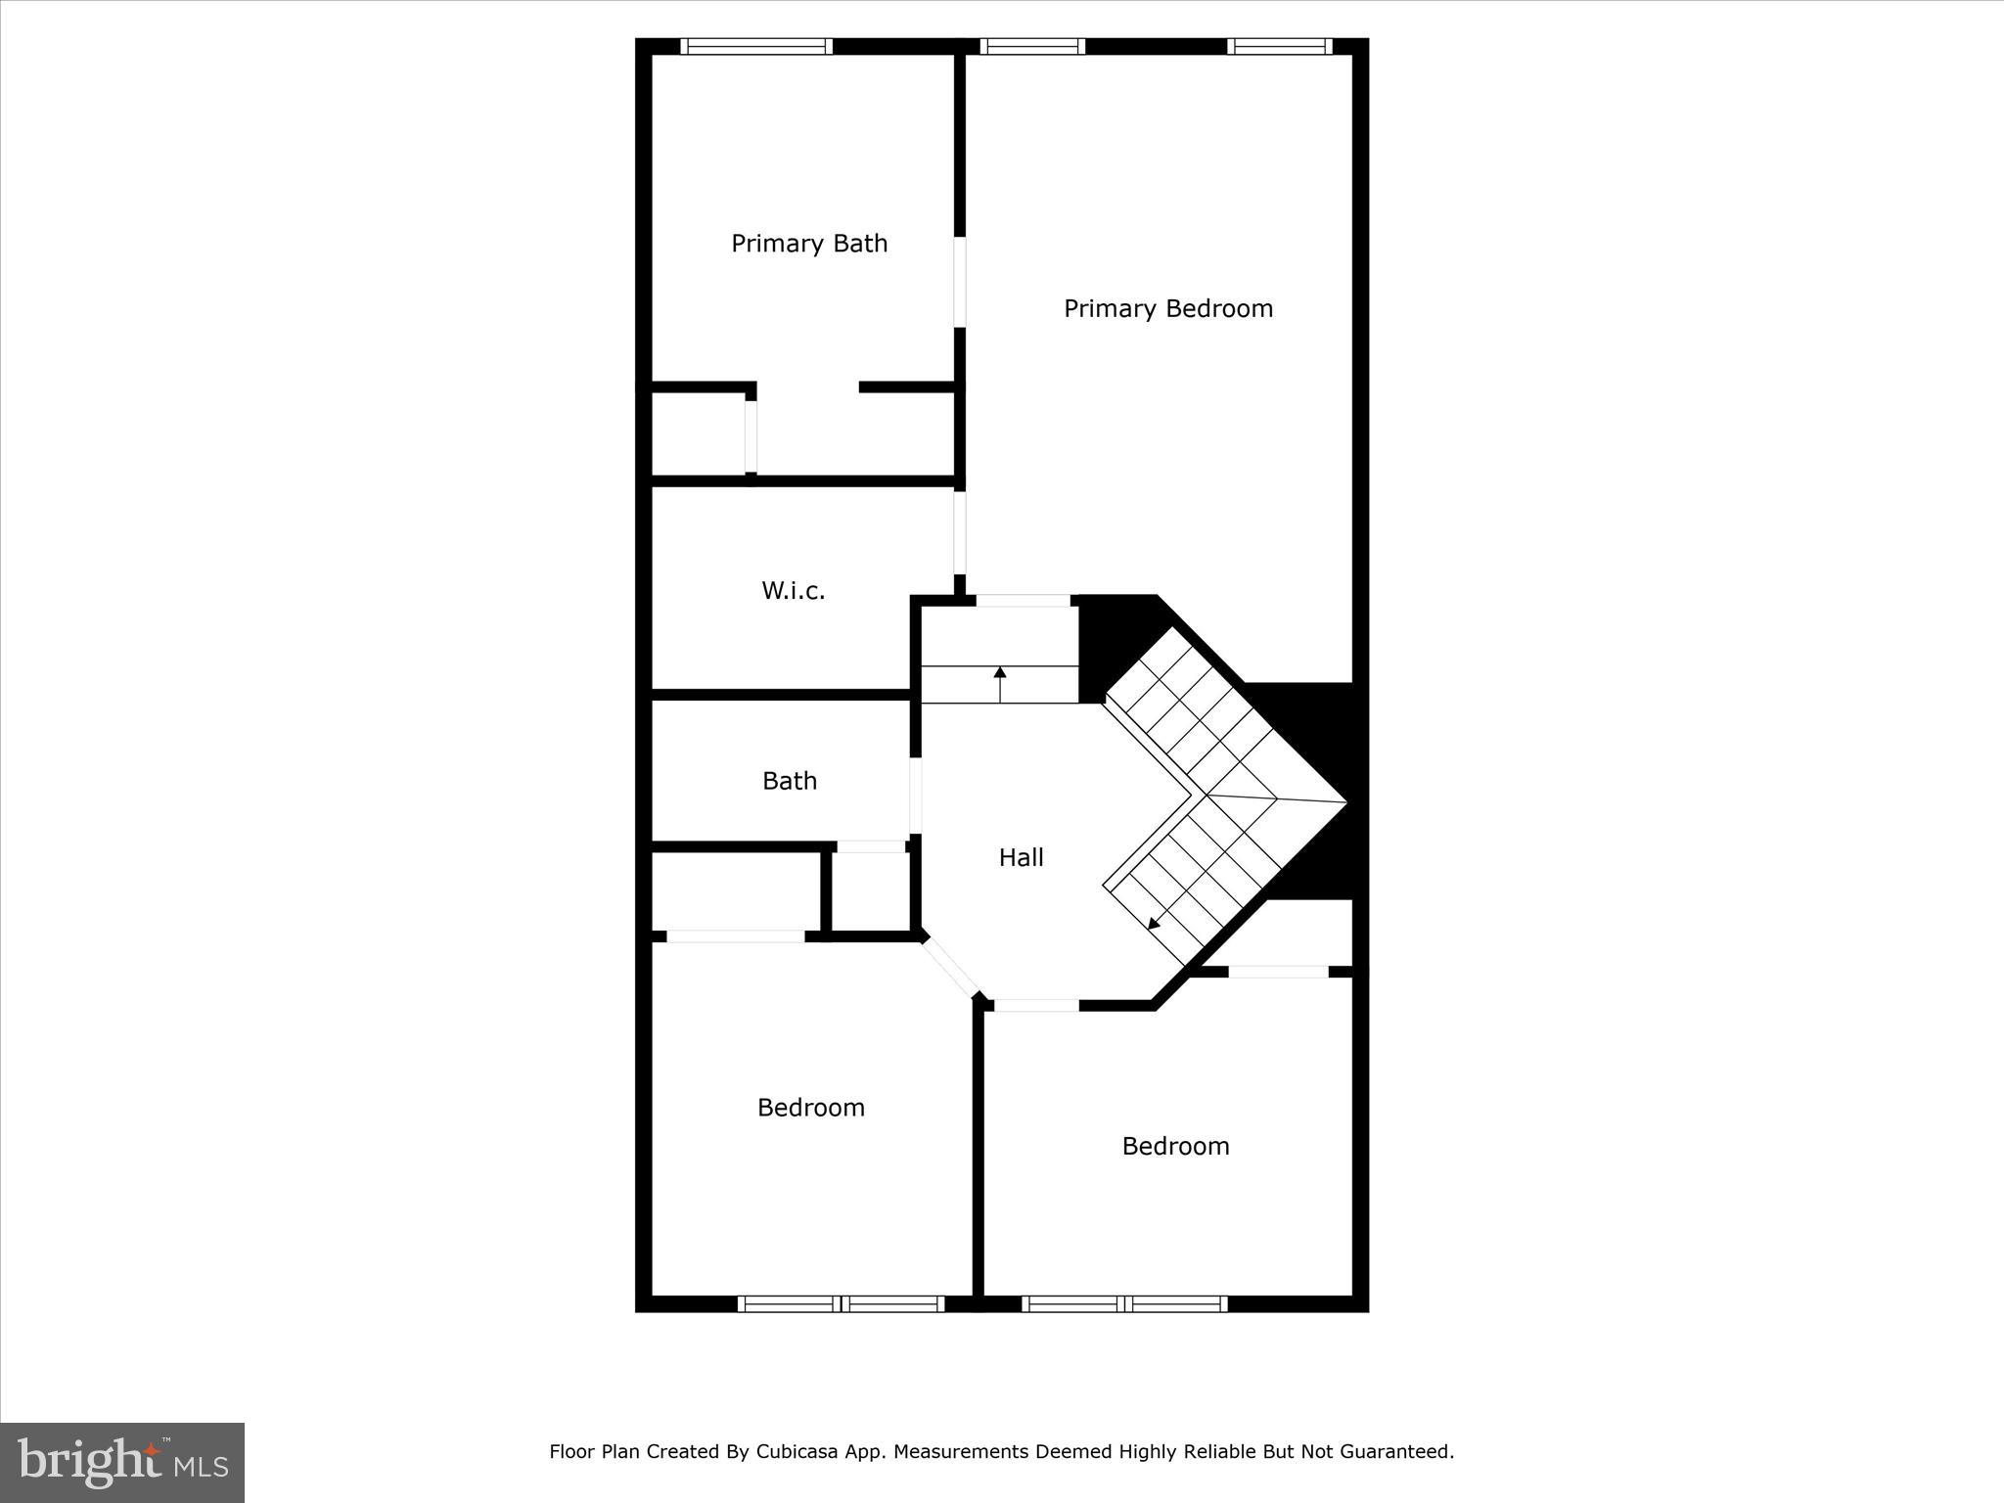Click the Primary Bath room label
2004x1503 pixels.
[809, 244]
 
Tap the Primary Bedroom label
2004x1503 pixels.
[1167, 309]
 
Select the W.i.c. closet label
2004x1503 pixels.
[793, 591]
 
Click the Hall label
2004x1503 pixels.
[1021, 858]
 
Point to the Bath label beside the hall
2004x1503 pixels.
[789, 781]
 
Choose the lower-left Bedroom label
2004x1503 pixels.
[810, 1108]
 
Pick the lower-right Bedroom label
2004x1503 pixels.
[1174, 1146]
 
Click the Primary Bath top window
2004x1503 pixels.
[755, 46]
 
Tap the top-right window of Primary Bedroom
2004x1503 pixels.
[1279, 46]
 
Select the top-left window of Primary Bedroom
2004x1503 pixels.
[1032, 46]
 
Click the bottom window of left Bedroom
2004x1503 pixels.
[840, 1303]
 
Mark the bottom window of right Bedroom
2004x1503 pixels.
[1123, 1303]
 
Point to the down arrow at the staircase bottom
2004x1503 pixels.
[1155, 922]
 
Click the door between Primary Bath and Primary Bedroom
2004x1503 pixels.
[960, 281]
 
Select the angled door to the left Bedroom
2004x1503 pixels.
[950, 967]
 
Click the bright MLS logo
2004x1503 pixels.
[122, 1463]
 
